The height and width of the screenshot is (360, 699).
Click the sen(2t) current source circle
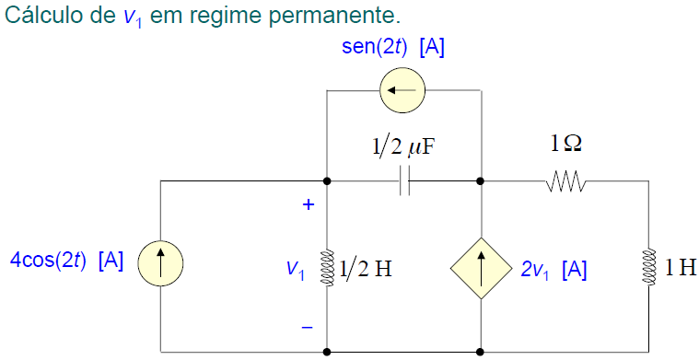click(x=402, y=90)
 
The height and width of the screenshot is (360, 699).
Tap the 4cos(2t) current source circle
click(x=160, y=266)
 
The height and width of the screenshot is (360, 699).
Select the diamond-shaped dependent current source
click(x=481, y=266)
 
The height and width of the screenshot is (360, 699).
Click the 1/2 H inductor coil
click(x=327, y=266)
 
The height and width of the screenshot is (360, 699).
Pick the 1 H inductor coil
click(x=649, y=266)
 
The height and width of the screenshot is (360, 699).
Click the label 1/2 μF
click(x=402, y=147)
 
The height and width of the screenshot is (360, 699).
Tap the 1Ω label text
click(x=565, y=144)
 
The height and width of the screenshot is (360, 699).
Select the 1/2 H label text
click(x=366, y=268)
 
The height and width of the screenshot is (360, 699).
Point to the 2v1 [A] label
click(x=553, y=270)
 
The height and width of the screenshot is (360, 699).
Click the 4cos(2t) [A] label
click(x=66, y=260)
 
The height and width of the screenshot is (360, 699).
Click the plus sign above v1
click(x=309, y=205)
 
